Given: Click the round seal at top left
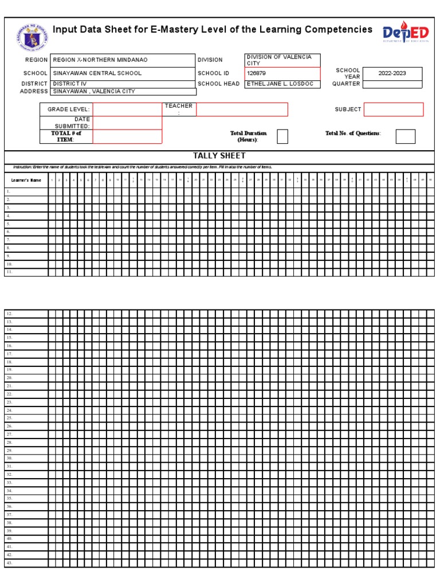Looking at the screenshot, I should point(33,37).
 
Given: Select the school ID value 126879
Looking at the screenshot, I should point(282,73).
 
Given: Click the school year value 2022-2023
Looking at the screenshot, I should point(392,73).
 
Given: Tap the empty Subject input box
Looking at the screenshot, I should point(394,109).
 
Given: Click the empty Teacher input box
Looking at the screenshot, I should point(242,109).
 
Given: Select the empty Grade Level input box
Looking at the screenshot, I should point(127,109).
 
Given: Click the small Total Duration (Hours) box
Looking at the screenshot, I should point(282,136).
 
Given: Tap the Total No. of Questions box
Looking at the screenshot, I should point(406,136).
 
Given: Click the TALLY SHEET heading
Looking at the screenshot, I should point(219,156).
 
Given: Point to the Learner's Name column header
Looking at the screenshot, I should point(26,180).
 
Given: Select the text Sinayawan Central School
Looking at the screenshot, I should point(97,73).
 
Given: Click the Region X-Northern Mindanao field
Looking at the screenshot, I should point(100,60).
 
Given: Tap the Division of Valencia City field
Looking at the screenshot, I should point(282,60).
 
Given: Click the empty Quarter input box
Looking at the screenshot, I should point(392,84).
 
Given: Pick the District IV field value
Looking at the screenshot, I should point(70,84).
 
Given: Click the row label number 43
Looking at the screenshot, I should point(9,563).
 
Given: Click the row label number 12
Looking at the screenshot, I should point(9,314).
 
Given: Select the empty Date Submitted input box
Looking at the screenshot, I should point(127,123).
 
